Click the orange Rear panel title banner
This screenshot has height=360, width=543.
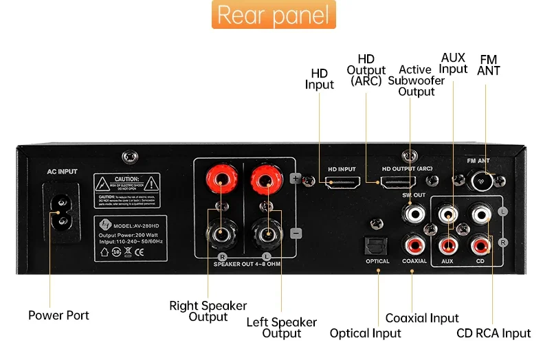click(273, 15)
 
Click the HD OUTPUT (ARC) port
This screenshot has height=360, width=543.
click(397, 183)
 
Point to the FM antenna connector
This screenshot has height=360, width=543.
click(480, 180)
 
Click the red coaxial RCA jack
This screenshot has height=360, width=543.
click(414, 243)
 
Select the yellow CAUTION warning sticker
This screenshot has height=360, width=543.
click(127, 186)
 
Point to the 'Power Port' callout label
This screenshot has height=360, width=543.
click(58, 315)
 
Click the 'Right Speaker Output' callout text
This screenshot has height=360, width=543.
click(208, 311)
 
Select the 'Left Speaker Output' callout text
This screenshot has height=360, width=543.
click(282, 328)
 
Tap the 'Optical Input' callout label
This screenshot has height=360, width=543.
click(365, 333)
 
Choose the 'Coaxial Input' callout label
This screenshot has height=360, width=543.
click(422, 318)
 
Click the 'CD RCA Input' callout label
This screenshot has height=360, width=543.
click(494, 333)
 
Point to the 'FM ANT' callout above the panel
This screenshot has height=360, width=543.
click(489, 65)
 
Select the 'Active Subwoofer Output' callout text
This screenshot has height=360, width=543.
click(416, 80)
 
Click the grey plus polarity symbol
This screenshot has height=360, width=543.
click(296, 179)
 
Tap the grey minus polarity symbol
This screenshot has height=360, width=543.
click(296, 233)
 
